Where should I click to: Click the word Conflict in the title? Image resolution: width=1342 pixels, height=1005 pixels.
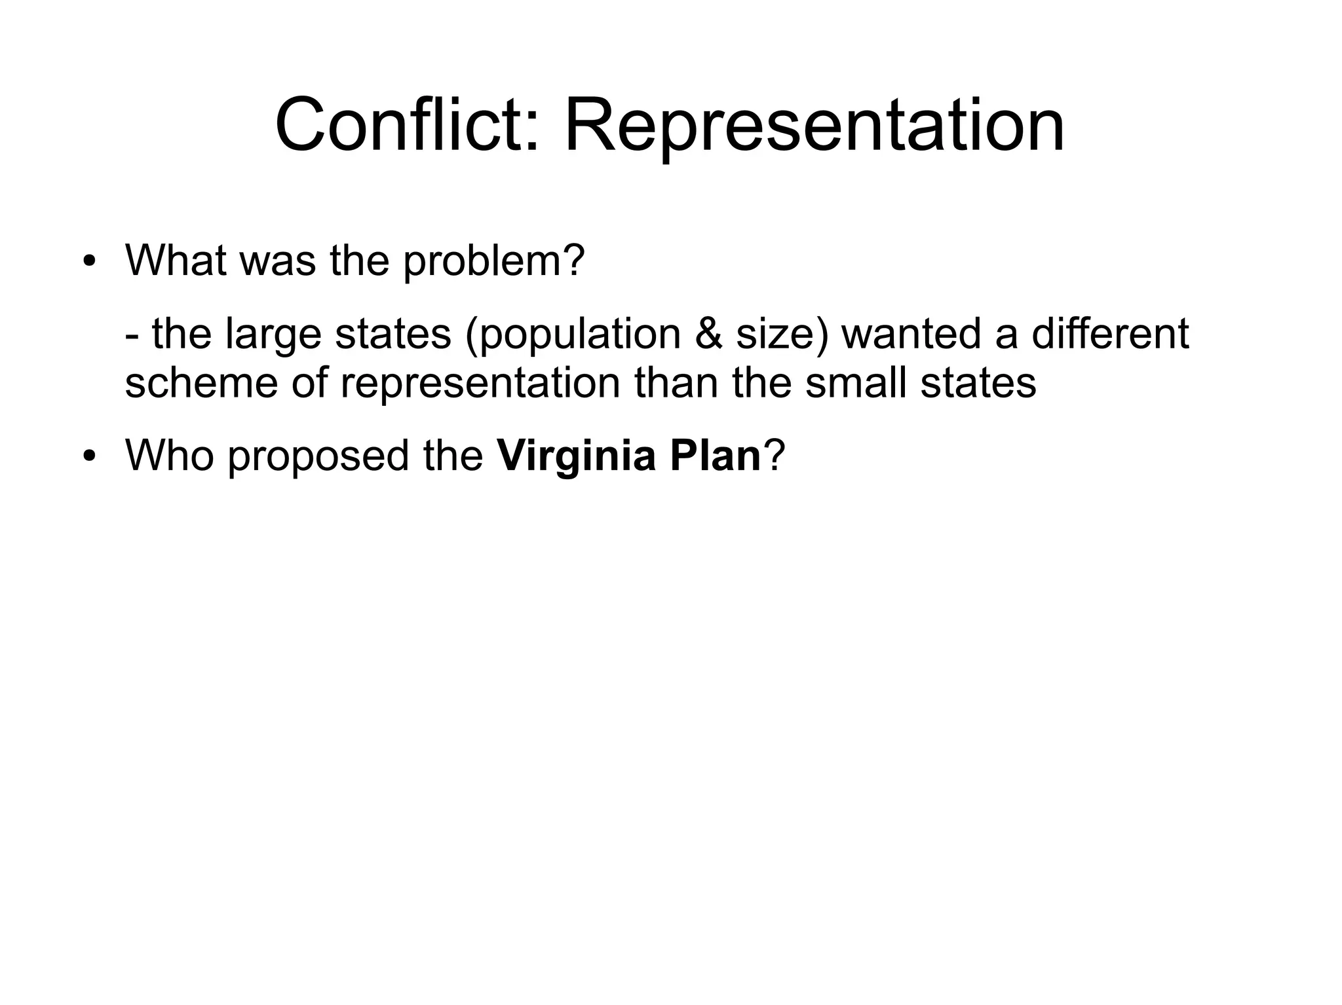click(x=407, y=124)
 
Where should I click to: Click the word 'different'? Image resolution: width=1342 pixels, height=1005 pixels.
click(x=1110, y=334)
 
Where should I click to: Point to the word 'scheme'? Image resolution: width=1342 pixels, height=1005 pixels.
click(x=201, y=383)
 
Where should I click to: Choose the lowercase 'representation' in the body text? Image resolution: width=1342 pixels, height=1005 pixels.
click(x=480, y=384)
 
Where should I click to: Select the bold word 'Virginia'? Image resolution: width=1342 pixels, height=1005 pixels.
click(x=576, y=456)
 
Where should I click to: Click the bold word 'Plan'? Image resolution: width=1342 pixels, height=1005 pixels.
click(x=715, y=455)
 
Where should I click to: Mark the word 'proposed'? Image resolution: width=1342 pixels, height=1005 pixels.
click(x=318, y=456)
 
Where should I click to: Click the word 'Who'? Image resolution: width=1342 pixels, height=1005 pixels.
click(x=170, y=455)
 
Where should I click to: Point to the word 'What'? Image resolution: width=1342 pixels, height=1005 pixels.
click(x=175, y=261)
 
